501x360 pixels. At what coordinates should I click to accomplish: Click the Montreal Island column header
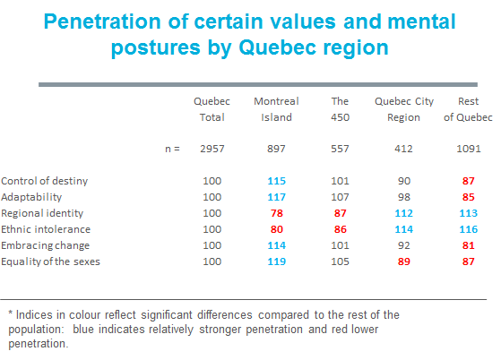click(x=276, y=109)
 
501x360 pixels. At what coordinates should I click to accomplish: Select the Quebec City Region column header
click(x=404, y=109)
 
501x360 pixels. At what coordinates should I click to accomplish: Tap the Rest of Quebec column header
click(x=468, y=109)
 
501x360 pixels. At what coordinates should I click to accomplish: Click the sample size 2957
click(x=212, y=149)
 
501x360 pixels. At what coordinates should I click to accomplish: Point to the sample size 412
click(x=403, y=149)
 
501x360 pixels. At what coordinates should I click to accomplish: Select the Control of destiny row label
click(x=45, y=181)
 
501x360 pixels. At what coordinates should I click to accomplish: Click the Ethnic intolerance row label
click(x=46, y=229)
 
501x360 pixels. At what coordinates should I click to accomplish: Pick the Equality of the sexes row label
click(x=50, y=261)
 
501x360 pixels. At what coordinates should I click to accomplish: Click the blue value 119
click(x=277, y=261)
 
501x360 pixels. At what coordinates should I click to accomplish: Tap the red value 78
click(x=277, y=213)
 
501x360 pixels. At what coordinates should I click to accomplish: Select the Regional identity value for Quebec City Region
click(x=404, y=213)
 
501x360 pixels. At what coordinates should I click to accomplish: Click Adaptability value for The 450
click(x=340, y=197)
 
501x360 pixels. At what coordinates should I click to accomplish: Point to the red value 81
click(x=469, y=245)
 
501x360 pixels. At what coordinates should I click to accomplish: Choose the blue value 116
click(x=469, y=229)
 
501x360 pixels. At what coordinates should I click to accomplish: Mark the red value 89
click(x=404, y=261)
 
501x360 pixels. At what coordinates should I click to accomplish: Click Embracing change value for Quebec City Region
click(x=404, y=245)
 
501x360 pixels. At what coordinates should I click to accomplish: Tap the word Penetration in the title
click(x=102, y=21)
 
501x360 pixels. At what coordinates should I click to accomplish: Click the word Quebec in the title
click(x=279, y=47)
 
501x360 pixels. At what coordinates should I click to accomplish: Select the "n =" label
click(x=173, y=149)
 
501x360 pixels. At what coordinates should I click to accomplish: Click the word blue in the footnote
click(x=83, y=329)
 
